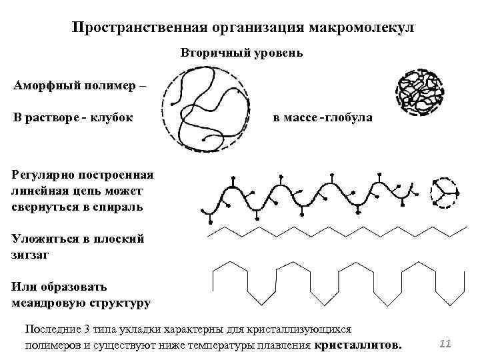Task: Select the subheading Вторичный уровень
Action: tap(241, 53)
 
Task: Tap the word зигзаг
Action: tap(31, 254)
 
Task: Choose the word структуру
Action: tap(116, 303)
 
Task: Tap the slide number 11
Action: tap(446, 343)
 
